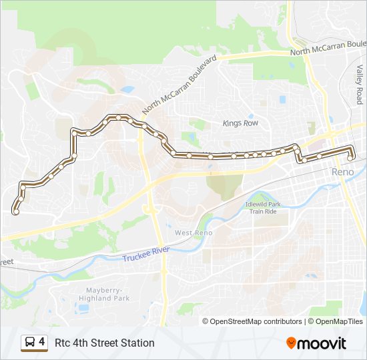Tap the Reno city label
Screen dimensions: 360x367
click(344, 172)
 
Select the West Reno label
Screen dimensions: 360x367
click(194, 233)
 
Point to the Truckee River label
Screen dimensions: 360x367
click(146, 254)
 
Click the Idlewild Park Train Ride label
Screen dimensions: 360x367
click(263, 207)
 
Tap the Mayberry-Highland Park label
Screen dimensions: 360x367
click(103, 294)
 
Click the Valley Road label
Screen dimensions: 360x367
click(359, 84)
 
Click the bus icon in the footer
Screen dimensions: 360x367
click(29, 343)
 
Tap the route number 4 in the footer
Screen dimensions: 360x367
click(42, 342)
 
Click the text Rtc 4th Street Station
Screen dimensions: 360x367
click(104, 343)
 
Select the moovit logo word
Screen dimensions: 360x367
click(322, 343)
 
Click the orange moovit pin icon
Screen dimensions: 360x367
click(291, 343)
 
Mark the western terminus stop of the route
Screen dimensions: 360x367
click(15, 212)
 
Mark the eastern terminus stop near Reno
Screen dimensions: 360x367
click(351, 157)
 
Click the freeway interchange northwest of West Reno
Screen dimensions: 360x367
click(151, 209)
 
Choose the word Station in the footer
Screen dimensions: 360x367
click(137, 343)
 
